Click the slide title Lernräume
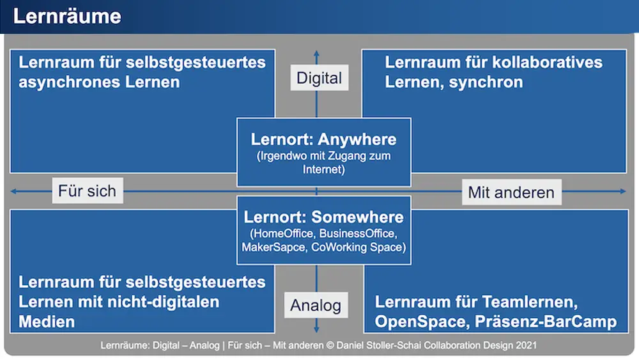coord(66,16)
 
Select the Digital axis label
coord(319,79)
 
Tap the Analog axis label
coord(316,305)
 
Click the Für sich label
coord(87,191)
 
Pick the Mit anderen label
coord(511,192)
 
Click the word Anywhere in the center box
coord(357,139)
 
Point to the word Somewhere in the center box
coord(360,217)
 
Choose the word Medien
coord(47,321)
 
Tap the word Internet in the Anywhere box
coord(323,169)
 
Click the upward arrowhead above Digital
coord(316,53)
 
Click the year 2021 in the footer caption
coord(526,345)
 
